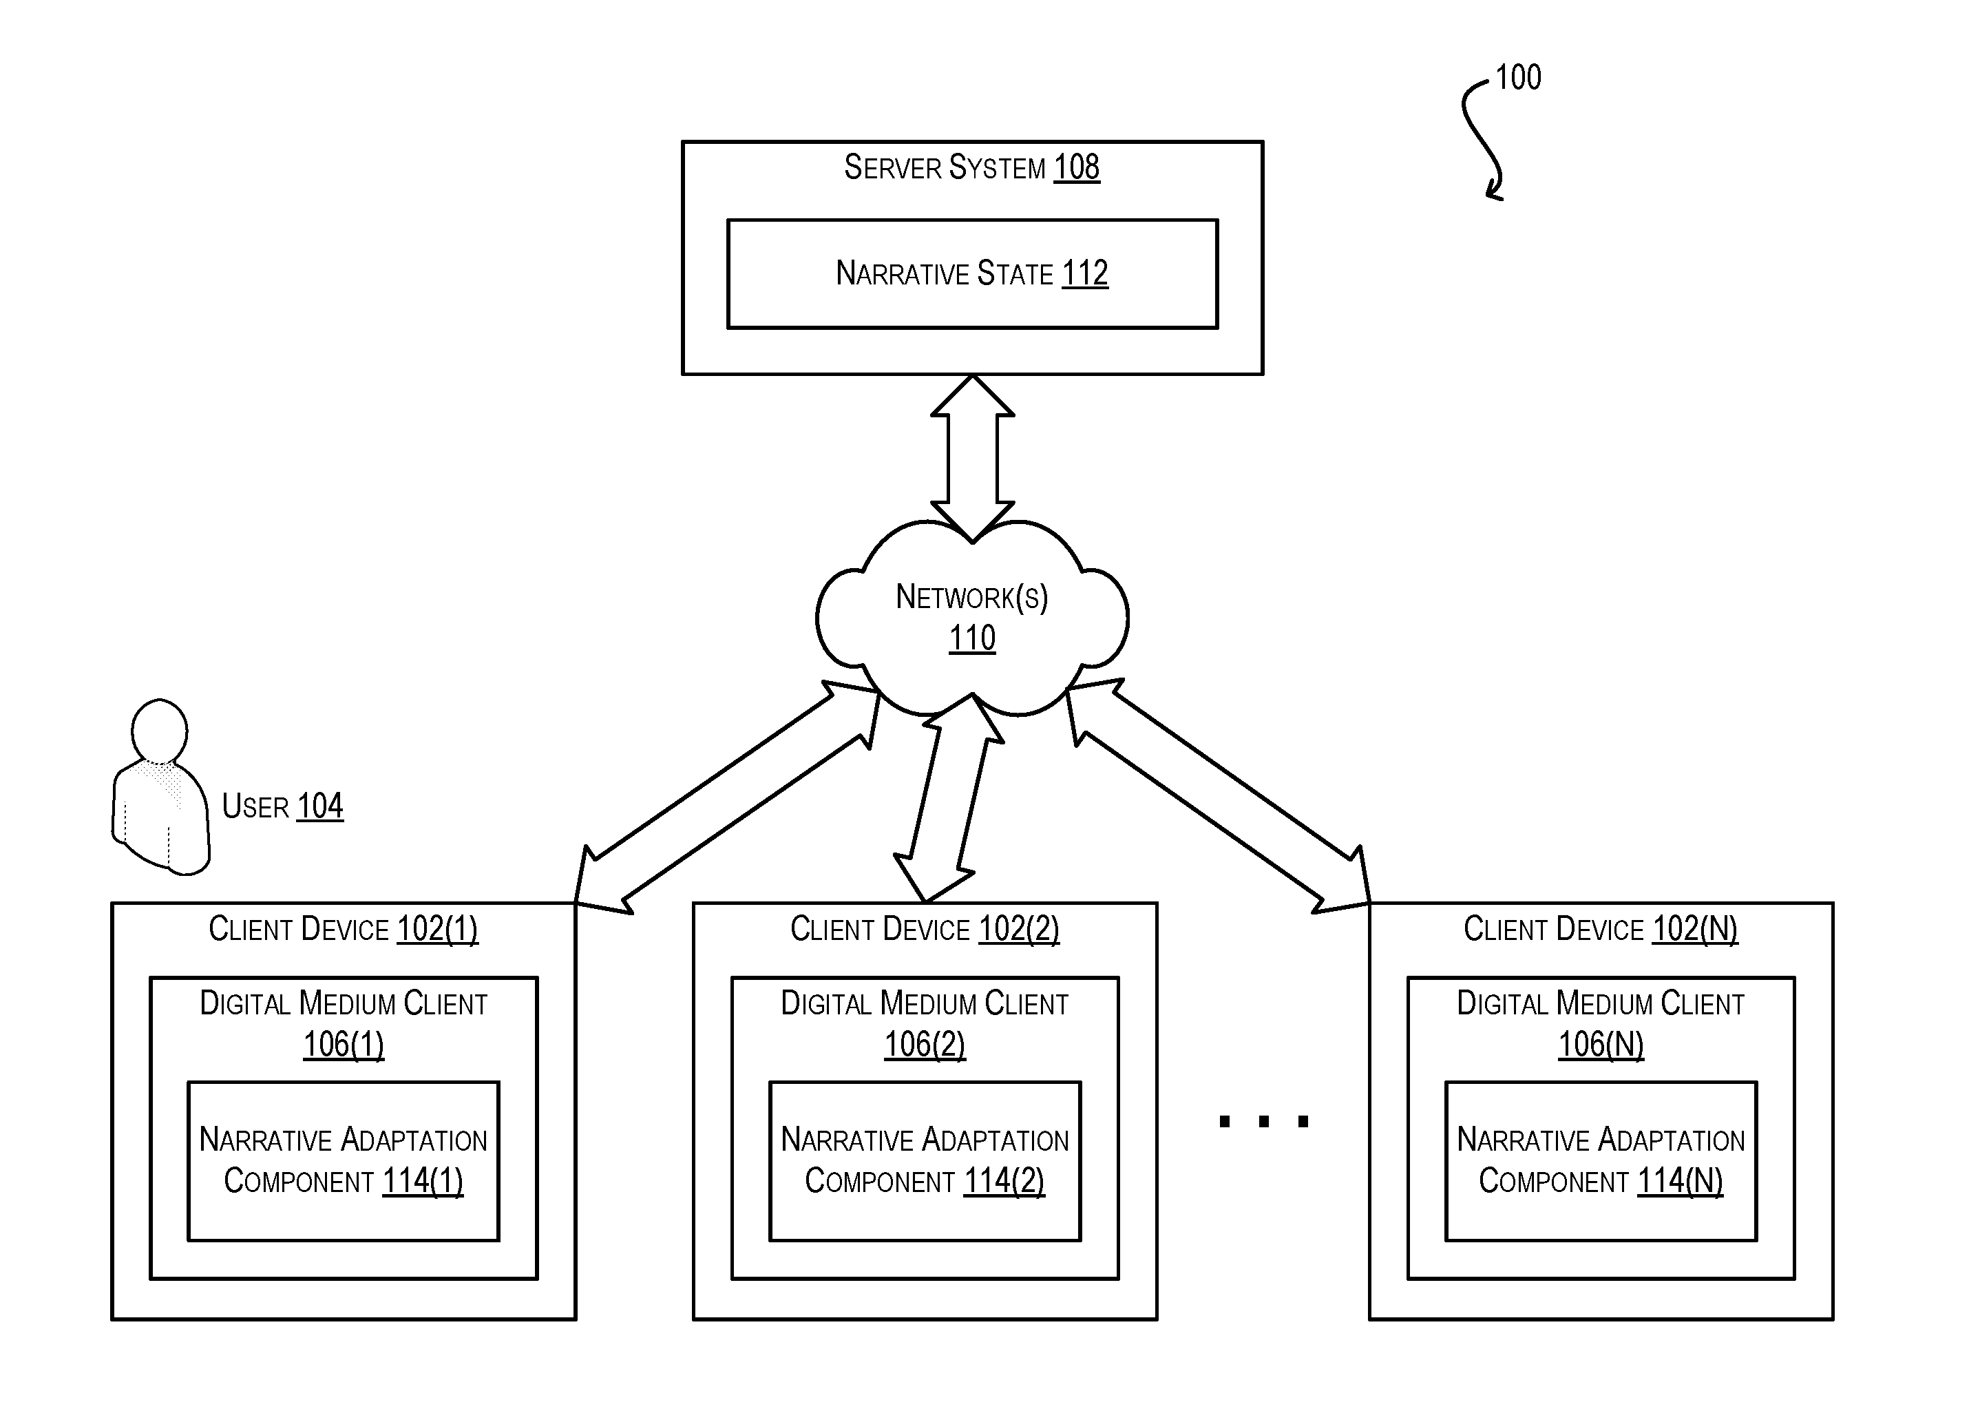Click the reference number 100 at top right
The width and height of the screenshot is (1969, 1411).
tap(1517, 78)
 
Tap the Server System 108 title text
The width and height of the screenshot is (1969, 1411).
tap(971, 167)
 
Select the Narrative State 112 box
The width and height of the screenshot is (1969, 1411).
tap(972, 273)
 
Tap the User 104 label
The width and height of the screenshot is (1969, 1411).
tap(282, 806)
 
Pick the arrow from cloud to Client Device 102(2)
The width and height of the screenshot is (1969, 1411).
tap(949, 798)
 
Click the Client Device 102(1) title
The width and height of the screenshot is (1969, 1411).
tap(343, 929)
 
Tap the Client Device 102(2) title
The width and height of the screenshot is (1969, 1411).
tap(925, 929)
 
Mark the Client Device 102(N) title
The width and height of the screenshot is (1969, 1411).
tap(1600, 929)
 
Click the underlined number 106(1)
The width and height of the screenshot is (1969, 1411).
tap(343, 1045)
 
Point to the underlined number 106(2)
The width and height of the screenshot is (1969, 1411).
tap(925, 1045)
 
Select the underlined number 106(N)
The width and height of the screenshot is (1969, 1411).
tap(1600, 1045)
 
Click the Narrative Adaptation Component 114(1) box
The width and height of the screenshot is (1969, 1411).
tap(343, 1161)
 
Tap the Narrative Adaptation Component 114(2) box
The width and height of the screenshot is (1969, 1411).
tap(925, 1161)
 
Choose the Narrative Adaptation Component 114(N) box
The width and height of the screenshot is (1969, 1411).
tap(1600, 1161)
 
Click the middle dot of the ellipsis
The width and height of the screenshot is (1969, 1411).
tap(1264, 1122)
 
